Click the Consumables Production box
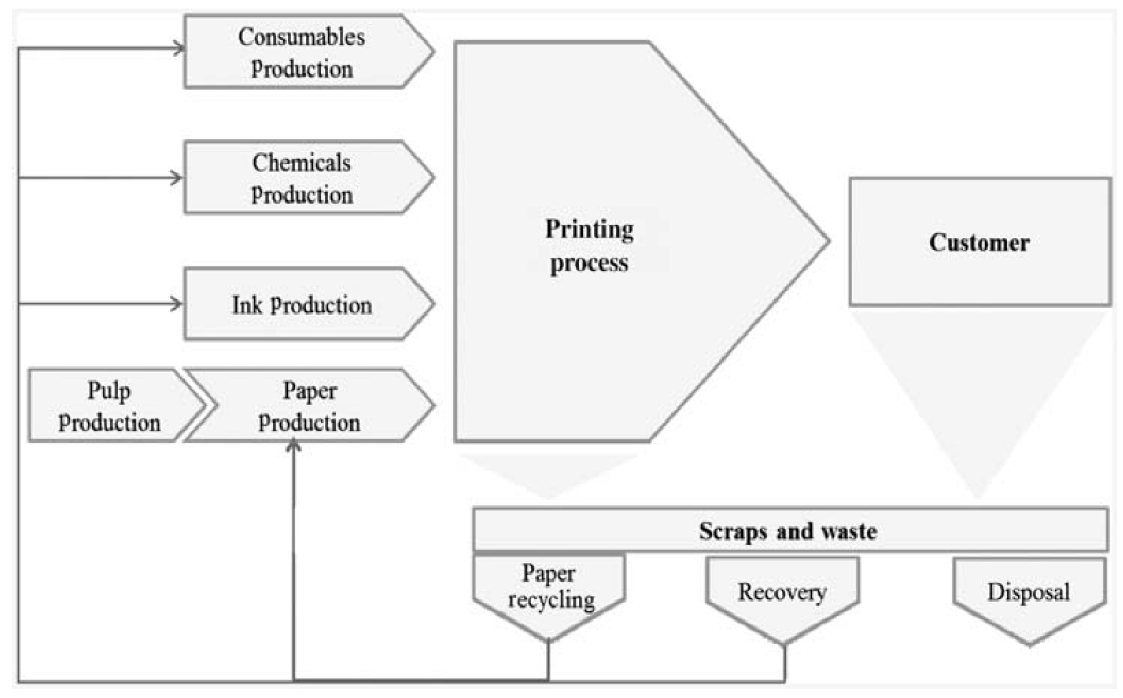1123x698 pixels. pyautogui.click(x=302, y=52)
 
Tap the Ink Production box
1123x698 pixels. pyautogui.click(x=302, y=305)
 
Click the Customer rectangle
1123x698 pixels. pyautogui.click(x=979, y=242)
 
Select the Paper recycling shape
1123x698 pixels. pyautogui.click(x=549, y=589)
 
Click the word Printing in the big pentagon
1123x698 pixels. pyautogui.click(x=590, y=229)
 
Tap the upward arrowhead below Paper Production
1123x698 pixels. pyautogui.click(x=293, y=446)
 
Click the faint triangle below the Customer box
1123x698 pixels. pyautogui.click(x=978, y=392)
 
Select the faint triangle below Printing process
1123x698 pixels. pyautogui.click(x=549, y=473)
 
